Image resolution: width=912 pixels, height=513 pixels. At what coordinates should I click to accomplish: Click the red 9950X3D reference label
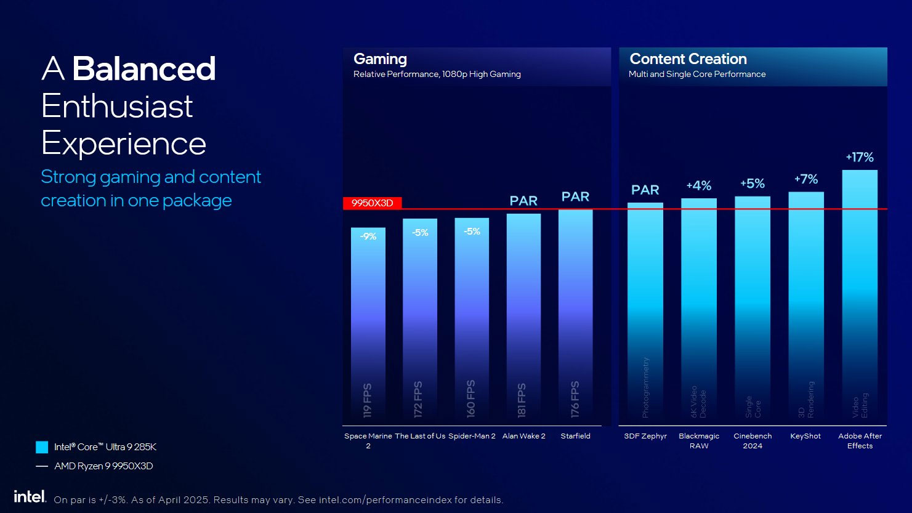pos(372,203)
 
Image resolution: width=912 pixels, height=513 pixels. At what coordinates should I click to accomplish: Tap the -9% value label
pos(368,236)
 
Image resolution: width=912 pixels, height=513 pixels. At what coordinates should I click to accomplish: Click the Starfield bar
pos(575,314)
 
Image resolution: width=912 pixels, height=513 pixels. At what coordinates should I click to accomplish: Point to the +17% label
pos(860,157)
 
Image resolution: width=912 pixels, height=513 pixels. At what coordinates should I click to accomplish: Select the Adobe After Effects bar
pos(860,296)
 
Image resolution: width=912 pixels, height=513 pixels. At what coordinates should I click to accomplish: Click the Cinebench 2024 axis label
pos(753,440)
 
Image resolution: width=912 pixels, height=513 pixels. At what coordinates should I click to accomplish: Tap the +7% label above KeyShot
pos(806,179)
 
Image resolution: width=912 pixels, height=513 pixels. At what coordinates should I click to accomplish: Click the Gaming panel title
pos(380,59)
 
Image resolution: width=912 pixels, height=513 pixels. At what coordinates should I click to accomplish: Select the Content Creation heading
pos(688,59)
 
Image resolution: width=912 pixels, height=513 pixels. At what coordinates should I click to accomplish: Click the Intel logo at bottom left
pos(30,496)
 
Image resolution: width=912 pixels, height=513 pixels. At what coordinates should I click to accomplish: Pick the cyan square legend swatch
pos(42,447)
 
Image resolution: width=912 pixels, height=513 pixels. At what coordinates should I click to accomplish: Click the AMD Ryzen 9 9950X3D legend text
pos(103,466)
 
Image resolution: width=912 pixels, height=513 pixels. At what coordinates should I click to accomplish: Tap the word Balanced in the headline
pos(144,69)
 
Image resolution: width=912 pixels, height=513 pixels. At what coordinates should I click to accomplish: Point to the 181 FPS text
pos(522,400)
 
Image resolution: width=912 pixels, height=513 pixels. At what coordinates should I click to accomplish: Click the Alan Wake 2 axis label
pos(523,436)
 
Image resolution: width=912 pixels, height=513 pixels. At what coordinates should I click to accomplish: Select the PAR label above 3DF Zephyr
pos(645,190)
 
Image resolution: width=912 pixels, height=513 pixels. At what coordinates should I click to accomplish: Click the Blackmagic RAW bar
pos(699,311)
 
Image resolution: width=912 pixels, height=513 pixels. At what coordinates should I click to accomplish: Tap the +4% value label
pos(699,185)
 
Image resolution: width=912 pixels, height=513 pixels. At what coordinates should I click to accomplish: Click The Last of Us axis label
pos(420,436)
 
